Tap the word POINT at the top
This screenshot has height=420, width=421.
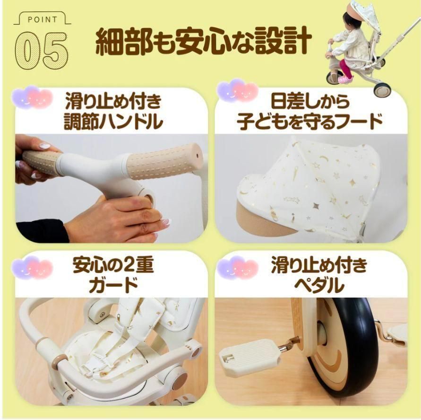(42, 19)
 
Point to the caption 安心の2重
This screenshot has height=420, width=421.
(113, 266)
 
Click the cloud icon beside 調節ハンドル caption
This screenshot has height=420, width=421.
(33, 97)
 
